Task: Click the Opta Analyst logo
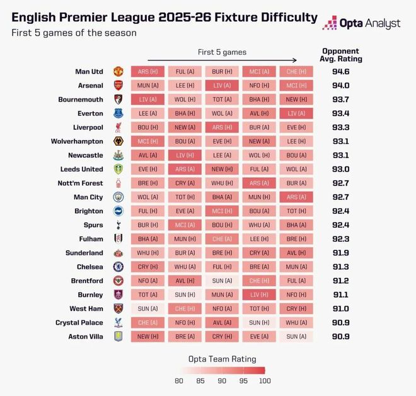[x=361, y=23]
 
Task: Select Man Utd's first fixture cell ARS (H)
[x=147, y=72]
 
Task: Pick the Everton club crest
[x=118, y=114]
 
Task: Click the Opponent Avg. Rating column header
[x=341, y=55]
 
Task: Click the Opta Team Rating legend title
[x=222, y=359]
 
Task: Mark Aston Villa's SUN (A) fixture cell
[x=296, y=337]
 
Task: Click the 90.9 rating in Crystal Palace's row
[x=341, y=323]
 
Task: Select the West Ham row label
[x=86, y=309]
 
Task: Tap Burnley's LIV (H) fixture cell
[x=259, y=294]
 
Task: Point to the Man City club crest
[x=118, y=197]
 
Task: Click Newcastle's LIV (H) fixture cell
[x=185, y=155]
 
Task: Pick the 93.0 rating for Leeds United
[x=341, y=169]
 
